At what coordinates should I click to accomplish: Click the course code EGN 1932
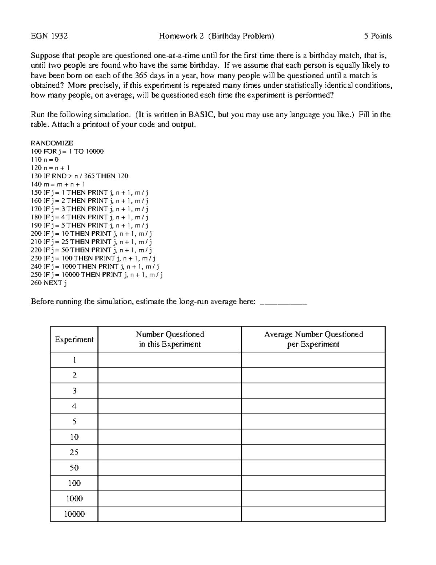click(x=49, y=36)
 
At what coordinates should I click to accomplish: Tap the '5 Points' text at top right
click(x=378, y=36)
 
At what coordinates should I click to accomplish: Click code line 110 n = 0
click(x=45, y=159)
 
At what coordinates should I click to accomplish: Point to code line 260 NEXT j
click(x=49, y=283)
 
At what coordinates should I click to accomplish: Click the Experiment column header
click(x=74, y=339)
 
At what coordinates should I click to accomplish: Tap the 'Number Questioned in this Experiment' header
click(x=170, y=339)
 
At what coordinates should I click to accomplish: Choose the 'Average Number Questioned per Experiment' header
click(x=313, y=339)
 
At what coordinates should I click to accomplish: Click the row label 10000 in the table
click(x=74, y=514)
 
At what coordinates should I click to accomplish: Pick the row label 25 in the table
click(x=74, y=452)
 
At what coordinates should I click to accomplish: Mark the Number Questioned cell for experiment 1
click(x=170, y=360)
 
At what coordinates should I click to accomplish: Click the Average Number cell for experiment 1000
click(x=313, y=498)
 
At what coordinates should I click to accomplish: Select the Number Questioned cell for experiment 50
click(x=170, y=468)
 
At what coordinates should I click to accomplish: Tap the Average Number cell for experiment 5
click(x=313, y=422)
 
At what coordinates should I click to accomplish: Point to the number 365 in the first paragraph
click(x=141, y=76)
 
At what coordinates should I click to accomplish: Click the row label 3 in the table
click(x=74, y=391)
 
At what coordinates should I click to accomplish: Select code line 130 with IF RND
click(x=80, y=176)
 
